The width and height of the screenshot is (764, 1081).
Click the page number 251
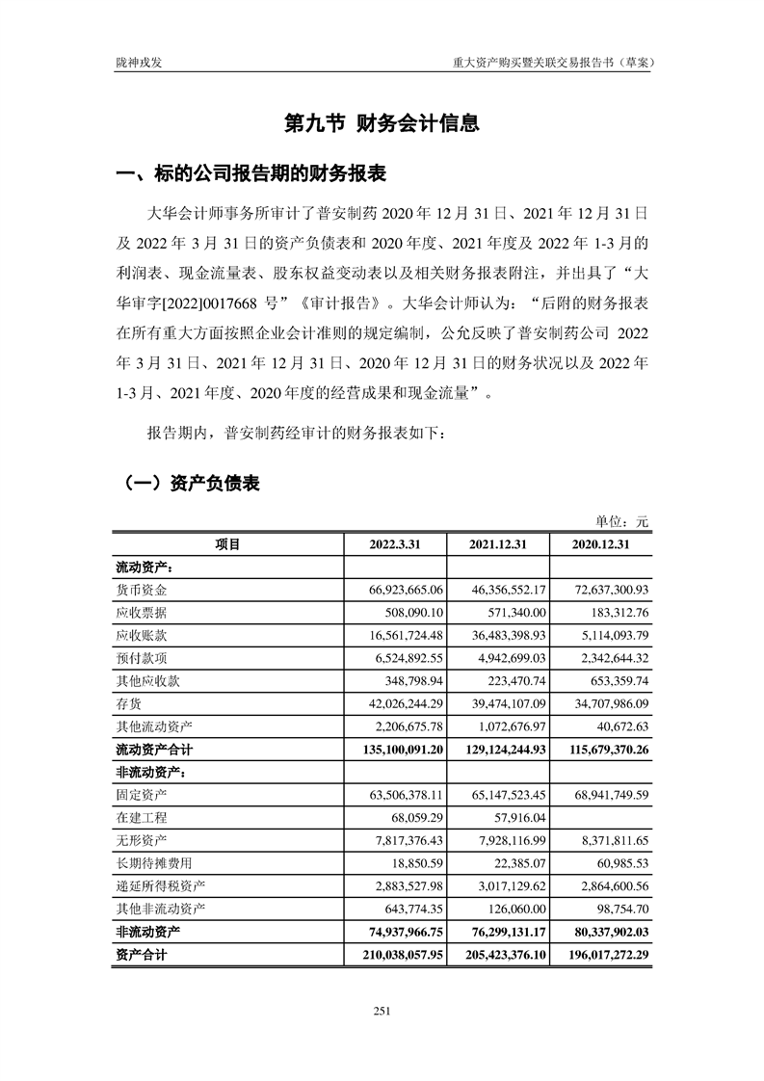click(382, 1011)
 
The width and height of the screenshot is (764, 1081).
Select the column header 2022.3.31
click(395, 544)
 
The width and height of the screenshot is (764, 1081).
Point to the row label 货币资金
click(142, 589)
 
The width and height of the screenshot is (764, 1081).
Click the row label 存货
click(129, 705)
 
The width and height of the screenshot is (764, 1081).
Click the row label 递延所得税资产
click(161, 885)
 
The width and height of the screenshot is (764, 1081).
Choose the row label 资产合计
click(142, 955)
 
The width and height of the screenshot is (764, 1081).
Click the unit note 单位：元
click(622, 521)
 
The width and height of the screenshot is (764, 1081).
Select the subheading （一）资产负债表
click(188, 483)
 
